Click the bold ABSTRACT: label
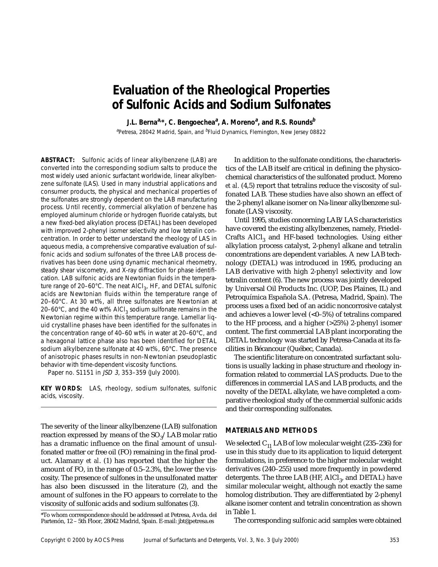[58, 160]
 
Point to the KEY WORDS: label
[61, 388]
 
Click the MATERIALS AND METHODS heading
[271, 431]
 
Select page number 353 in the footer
[394, 540]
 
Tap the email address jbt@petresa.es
[196, 521]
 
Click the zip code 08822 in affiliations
[318, 132]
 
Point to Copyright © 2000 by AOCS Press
[82, 540]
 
